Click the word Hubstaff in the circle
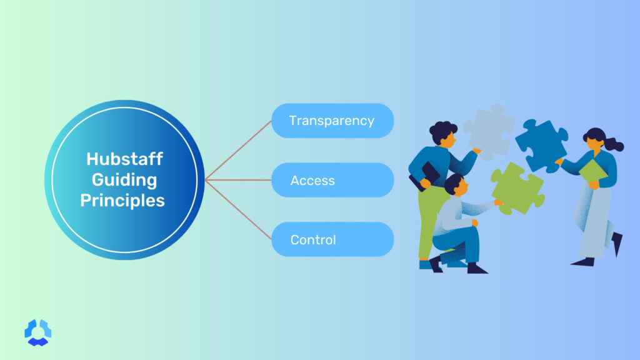coord(125,159)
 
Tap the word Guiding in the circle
coord(125,180)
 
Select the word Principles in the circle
coord(125,201)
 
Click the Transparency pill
coord(332,121)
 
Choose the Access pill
coord(332,181)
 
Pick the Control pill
coord(332,239)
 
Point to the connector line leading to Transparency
coord(237,151)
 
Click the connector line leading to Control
coord(237,210)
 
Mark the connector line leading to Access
coord(237,181)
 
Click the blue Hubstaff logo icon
coord(37,332)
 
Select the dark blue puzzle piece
coord(541,143)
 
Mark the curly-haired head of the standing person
coord(442,133)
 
